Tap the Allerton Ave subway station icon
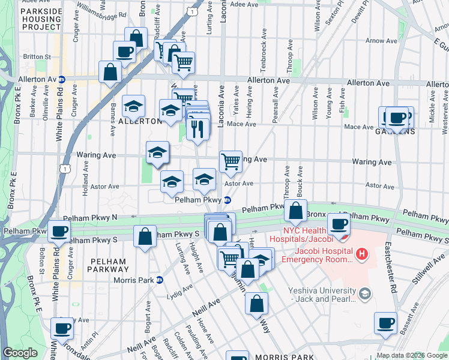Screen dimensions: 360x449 click(x=61, y=79)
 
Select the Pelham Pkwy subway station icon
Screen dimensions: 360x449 click(x=228, y=200)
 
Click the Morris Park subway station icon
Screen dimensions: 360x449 click(x=158, y=279)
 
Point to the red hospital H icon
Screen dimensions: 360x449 click(x=361, y=255)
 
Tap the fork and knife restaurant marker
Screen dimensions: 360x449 click(x=198, y=127)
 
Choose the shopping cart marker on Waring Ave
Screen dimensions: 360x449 click(x=231, y=161)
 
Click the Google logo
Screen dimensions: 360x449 click(x=20, y=353)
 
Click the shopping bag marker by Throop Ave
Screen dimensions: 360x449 click(x=296, y=211)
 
